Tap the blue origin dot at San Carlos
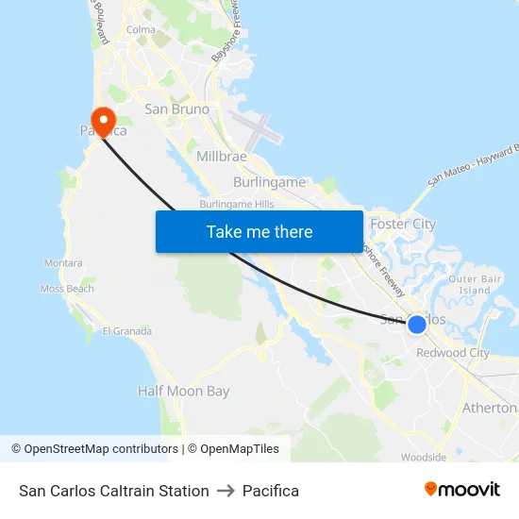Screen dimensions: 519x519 tap(416, 325)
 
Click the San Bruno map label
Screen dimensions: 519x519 tap(176, 109)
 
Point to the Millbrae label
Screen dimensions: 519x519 tap(222, 156)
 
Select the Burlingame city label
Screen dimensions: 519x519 tap(269, 182)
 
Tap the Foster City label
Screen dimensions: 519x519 tap(403, 225)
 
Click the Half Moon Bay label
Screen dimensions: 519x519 tap(183, 391)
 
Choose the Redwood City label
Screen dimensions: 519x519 tap(453, 353)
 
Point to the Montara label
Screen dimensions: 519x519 tap(63, 263)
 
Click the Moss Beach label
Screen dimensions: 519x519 tap(67, 289)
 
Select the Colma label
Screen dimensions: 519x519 tap(141, 30)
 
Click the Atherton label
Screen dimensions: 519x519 tap(489, 408)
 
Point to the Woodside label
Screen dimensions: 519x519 tap(423, 458)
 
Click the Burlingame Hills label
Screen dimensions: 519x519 tap(236, 204)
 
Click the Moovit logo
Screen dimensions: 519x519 tap(461, 490)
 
